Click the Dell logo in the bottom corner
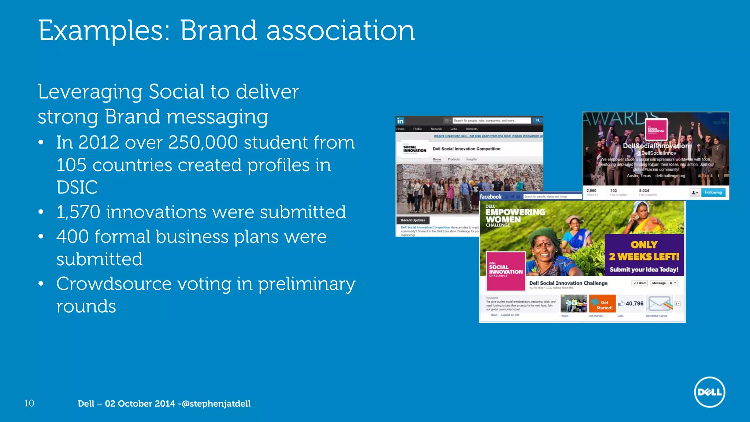point(709,392)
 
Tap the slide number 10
point(29,403)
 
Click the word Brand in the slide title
point(218,30)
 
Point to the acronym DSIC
point(77,187)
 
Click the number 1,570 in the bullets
point(78,212)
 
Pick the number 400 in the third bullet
point(73,237)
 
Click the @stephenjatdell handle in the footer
point(216,404)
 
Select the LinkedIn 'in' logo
point(400,121)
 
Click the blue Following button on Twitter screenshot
point(713,192)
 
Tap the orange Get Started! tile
point(602,304)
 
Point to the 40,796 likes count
point(634,304)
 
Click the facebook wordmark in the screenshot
point(490,197)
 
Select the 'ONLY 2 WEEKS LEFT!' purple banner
point(644,255)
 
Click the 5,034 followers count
point(644,191)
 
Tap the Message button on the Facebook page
point(659,283)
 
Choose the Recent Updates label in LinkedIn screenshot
point(413,220)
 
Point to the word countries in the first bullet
point(132,165)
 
